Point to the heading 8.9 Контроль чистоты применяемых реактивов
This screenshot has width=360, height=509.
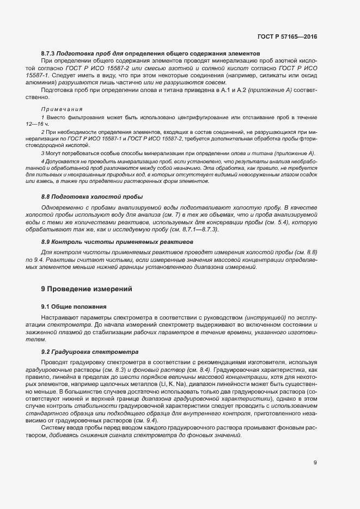coord(117,241)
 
